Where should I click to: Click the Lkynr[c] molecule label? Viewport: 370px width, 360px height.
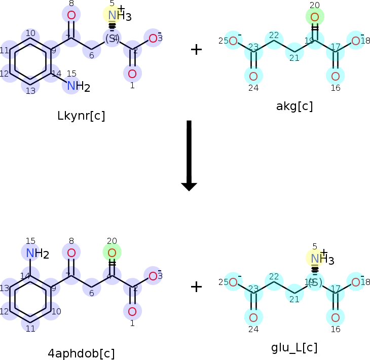tap(82, 116)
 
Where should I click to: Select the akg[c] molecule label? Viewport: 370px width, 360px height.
tap(294, 106)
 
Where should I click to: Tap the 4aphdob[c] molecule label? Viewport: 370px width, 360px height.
tap(81, 353)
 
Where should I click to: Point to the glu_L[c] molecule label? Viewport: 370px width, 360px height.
tap(294, 348)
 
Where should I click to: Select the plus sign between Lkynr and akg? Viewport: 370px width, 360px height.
tap(196, 49)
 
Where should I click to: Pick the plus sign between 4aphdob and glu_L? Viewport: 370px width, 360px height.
tap(196, 287)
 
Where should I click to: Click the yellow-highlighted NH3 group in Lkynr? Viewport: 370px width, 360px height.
tap(113, 15)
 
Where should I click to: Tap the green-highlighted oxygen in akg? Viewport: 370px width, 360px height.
tap(315, 18)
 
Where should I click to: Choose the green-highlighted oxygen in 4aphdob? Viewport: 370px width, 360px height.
tap(112, 252)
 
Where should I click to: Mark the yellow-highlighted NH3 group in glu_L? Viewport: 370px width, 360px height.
tap(315, 259)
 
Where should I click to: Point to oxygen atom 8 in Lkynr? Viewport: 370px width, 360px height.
tap(71, 15)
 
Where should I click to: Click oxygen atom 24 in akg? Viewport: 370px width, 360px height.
tap(253, 77)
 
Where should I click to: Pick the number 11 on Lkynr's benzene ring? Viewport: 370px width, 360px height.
tap(5, 50)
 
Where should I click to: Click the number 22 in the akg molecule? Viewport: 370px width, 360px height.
tap(274, 35)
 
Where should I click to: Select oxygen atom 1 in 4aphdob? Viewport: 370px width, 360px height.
tap(132, 311)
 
